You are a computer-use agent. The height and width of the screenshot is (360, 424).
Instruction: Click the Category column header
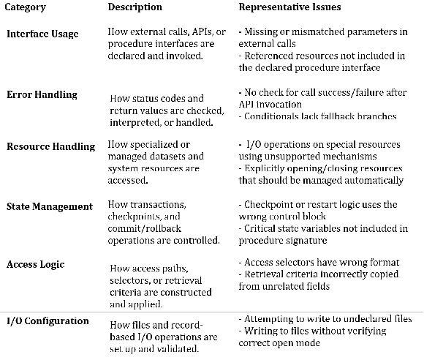click(x=26, y=7)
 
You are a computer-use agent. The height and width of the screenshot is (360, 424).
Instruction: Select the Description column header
click(x=135, y=7)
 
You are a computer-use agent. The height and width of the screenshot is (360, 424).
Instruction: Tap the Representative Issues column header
click(x=290, y=7)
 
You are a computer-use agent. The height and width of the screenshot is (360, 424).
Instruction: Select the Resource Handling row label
click(x=50, y=146)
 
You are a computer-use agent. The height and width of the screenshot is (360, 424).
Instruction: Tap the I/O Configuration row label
click(x=48, y=321)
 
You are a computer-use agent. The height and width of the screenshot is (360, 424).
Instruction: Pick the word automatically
click(x=370, y=180)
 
